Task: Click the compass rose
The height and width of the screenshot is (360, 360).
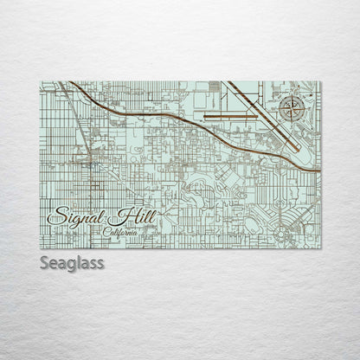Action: pyautogui.click(x=292, y=109)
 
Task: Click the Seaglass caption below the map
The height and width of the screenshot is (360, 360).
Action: pyautogui.click(x=71, y=262)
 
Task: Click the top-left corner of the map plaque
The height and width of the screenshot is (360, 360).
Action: pyautogui.click(x=40, y=81)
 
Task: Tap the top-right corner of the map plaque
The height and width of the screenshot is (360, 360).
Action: pyautogui.click(x=321, y=81)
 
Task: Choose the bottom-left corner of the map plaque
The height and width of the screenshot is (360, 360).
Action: pyautogui.click(x=40, y=249)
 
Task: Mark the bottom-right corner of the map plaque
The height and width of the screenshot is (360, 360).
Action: pyautogui.click(x=321, y=249)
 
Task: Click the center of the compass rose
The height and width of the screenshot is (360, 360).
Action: pyautogui.click(x=292, y=109)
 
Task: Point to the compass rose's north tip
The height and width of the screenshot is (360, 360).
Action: pyautogui.click(x=292, y=97)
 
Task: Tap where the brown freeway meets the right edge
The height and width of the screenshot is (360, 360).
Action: pyautogui.click(x=319, y=170)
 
